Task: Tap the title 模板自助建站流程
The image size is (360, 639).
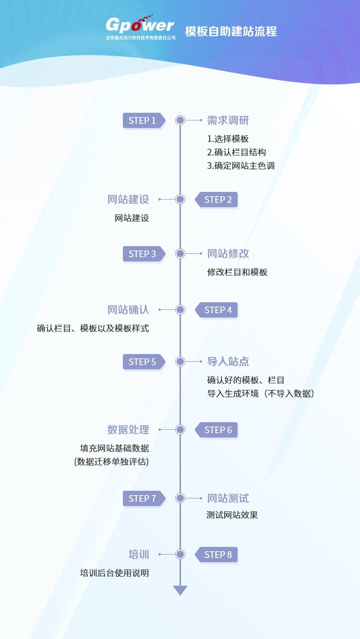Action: click(x=231, y=32)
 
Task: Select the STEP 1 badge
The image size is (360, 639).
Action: click(x=143, y=120)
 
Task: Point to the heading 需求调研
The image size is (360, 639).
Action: click(x=228, y=120)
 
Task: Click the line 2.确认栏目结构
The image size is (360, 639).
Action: click(x=237, y=152)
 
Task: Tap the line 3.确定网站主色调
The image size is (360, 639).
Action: click(x=241, y=166)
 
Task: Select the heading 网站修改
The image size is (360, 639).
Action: click(x=228, y=253)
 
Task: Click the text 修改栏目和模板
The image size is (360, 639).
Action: click(x=237, y=272)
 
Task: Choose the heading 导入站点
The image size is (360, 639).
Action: click(x=228, y=361)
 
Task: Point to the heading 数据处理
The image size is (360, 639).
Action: click(x=128, y=429)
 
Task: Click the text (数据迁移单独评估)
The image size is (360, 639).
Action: click(x=111, y=462)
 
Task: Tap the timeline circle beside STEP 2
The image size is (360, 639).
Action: click(x=180, y=200)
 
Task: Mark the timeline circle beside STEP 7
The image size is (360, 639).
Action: click(x=180, y=498)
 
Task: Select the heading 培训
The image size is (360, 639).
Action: click(x=139, y=555)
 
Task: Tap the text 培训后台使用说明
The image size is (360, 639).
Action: click(x=114, y=573)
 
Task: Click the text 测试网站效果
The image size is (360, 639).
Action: click(x=232, y=515)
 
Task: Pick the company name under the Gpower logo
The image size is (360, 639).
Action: click(x=141, y=37)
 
